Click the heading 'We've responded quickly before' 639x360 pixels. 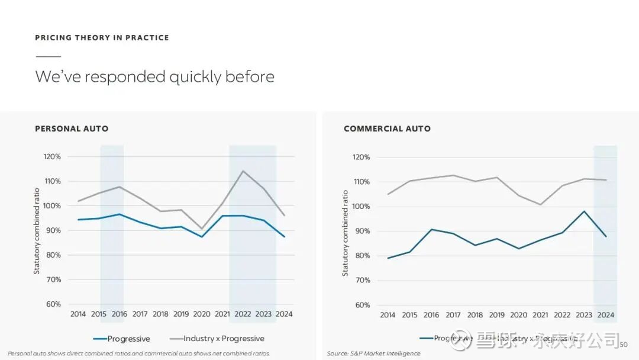click(x=154, y=77)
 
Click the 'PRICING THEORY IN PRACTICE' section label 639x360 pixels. click(x=102, y=38)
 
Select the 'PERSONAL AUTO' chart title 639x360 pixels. click(x=72, y=128)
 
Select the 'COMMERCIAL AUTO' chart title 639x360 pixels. click(x=387, y=128)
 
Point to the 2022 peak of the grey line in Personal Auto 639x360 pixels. click(x=243, y=171)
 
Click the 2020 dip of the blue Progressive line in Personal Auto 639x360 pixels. click(x=202, y=237)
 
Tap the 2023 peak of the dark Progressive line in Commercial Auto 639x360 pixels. click(x=584, y=211)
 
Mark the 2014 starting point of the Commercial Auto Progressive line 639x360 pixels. click(x=388, y=258)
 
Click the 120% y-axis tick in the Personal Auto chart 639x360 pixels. click(x=52, y=157)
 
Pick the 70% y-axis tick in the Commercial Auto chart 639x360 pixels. click(x=362, y=280)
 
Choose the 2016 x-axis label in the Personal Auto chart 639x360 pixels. click(x=120, y=314)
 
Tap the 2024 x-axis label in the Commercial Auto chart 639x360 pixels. click(x=605, y=315)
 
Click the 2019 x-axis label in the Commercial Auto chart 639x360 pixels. click(x=496, y=315)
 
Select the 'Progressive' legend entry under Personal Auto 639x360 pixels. click(x=121, y=339)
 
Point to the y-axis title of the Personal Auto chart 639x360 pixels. click(x=37, y=231)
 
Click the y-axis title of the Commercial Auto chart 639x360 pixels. click(x=346, y=233)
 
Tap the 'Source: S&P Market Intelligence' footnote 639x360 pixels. click(x=373, y=353)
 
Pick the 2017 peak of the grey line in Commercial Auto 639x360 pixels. click(x=453, y=175)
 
